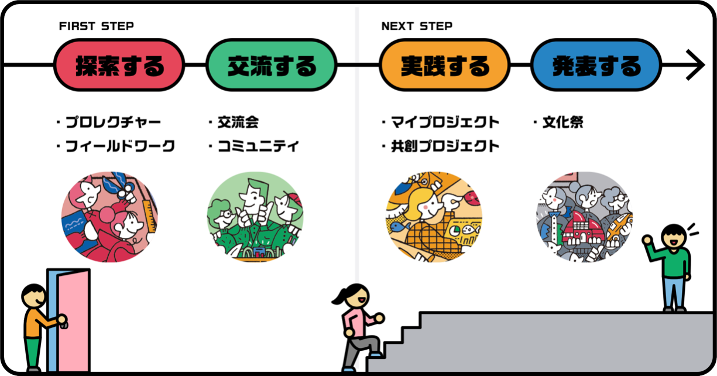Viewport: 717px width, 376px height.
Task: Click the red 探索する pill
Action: point(119,65)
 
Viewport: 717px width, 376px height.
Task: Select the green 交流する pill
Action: point(271,65)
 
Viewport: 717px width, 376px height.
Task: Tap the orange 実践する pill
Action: point(444,65)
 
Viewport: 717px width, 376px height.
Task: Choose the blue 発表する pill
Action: point(596,65)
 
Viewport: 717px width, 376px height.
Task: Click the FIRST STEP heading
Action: point(97,26)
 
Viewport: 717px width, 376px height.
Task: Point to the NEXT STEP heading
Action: point(417,26)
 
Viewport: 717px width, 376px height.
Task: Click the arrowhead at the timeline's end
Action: point(697,65)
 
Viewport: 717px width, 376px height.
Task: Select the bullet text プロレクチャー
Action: point(112,122)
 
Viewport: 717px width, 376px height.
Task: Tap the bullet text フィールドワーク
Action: point(119,146)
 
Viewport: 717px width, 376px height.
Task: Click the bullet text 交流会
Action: point(238,122)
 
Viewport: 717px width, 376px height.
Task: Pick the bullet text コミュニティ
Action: point(258,146)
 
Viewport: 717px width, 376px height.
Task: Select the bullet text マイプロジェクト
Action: point(445,122)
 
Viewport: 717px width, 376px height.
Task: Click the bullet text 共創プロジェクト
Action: point(445,146)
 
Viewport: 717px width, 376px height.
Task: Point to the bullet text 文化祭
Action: point(562,122)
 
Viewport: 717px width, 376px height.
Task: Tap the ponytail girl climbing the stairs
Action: point(358,326)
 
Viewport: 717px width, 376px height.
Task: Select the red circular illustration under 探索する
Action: point(109,217)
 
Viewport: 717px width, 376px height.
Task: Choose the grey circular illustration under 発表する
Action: point(584,217)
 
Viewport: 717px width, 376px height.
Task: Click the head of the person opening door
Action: point(34,296)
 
